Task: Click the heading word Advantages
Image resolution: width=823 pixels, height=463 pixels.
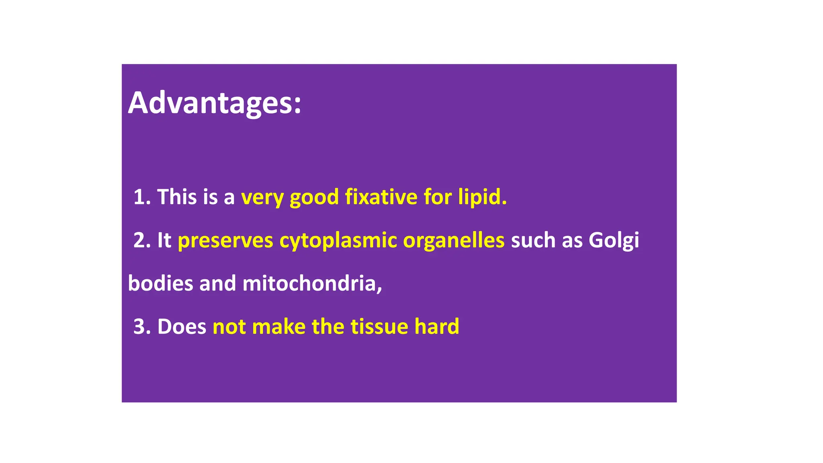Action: [214, 103]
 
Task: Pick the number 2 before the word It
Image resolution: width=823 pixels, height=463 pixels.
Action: [139, 240]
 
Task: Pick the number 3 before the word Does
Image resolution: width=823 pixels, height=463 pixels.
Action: [139, 326]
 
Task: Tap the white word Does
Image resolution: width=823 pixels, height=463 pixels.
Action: [182, 326]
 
